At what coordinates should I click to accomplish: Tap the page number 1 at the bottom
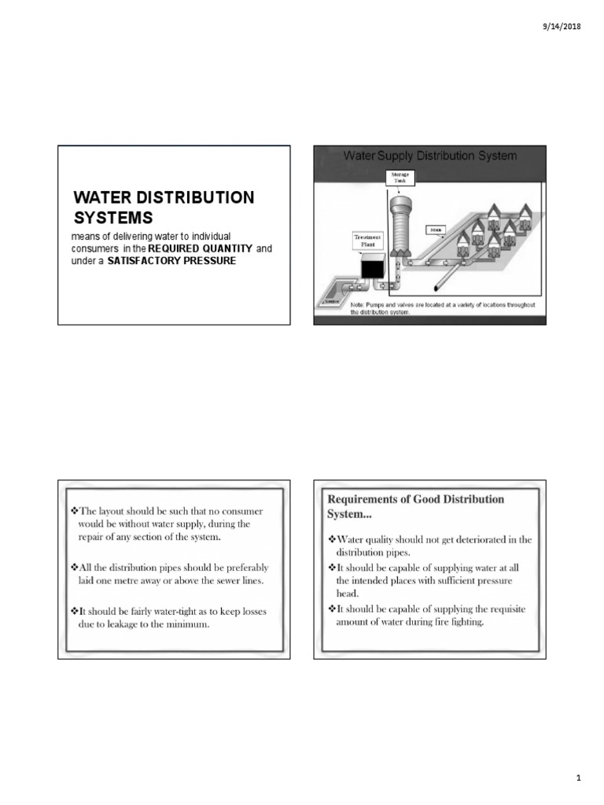(x=577, y=778)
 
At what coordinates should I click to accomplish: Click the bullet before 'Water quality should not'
(x=331, y=539)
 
